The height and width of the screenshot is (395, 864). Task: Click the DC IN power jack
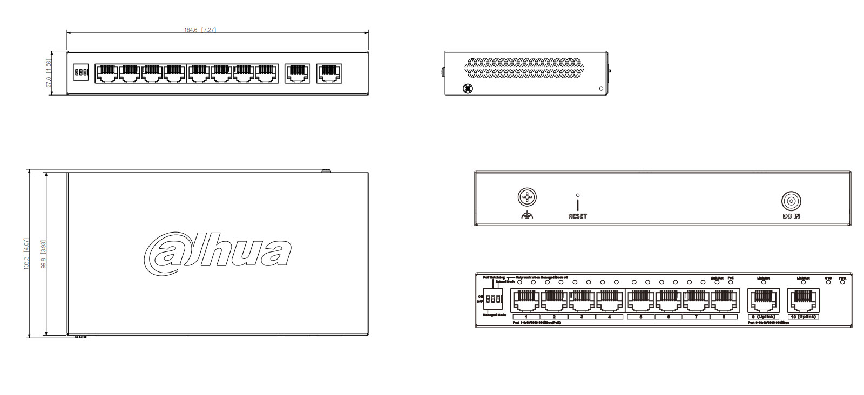pos(791,201)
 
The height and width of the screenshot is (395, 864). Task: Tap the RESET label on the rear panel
pos(577,216)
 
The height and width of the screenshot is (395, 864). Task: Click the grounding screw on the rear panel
pos(526,197)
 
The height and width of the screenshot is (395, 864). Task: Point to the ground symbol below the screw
pos(526,216)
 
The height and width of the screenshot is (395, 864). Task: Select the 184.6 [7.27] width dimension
pos(200,30)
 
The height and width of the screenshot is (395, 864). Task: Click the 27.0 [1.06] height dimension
pos(49,74)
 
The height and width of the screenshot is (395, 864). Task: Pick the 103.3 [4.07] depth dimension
pos(26,254)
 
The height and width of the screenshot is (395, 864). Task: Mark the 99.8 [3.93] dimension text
pos(44,254)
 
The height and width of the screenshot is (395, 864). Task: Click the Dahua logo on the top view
pos(217,251)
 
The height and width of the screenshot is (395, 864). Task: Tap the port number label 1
pos(525,317)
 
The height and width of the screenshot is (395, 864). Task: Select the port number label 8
pos(724,317)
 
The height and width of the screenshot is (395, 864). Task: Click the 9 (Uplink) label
pos(763,317)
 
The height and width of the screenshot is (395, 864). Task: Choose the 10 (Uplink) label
pos(803,317)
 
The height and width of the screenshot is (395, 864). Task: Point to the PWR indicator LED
pos(842,282)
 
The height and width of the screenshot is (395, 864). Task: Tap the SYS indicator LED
pos(828,282)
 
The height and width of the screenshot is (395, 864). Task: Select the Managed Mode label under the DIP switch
pos(494,315)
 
